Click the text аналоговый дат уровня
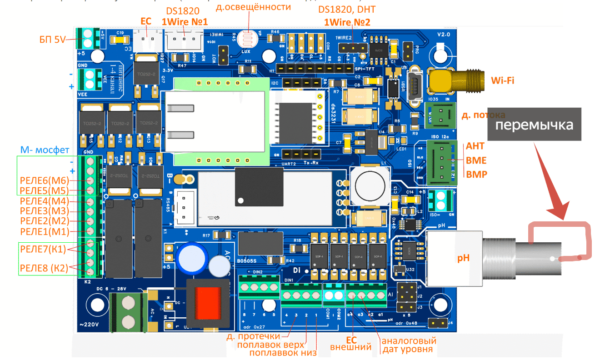[x=409, y=345]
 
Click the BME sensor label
[x=476, y=160]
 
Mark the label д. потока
[x=483, y=115]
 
